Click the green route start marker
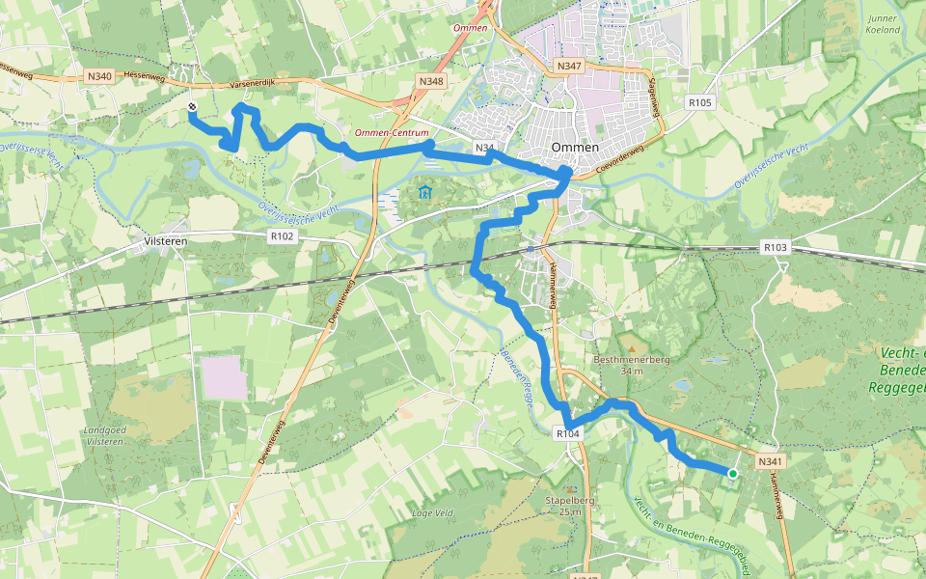(733, 473)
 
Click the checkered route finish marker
(192, 107)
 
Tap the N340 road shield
(98, 76)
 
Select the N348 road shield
(430, 82)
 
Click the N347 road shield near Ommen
(570, 66)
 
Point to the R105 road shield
(699, 101)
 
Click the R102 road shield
(281, 234)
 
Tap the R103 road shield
(775, 248)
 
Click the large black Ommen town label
(575, 147)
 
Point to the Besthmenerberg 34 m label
(632, 364)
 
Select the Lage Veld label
(431, 512)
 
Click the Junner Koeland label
(883, 24)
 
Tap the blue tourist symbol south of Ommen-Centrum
(425, 192)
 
